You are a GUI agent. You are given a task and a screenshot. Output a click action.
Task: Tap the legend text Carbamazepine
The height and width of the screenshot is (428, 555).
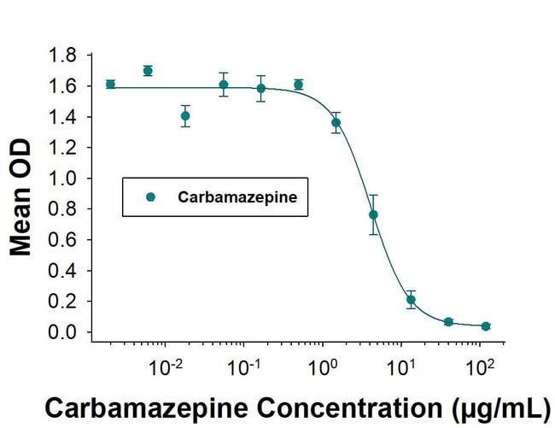pyautogui.click(x=237, y=196)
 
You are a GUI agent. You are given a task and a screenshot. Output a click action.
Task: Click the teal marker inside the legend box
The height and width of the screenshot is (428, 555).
pyautogui.click(x=150, y=196)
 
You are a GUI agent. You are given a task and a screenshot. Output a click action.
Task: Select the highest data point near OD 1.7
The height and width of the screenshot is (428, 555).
pyautogui.click(x=148, y=71)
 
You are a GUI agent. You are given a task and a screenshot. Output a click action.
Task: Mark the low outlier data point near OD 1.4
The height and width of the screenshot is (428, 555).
pyautogui.click(x=185, y=116)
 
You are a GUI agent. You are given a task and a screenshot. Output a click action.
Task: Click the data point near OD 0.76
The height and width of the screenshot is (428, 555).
pyautogui.click(x=373, y=214)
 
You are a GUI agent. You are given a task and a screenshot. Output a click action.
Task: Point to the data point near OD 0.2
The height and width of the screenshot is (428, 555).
pyautogui.click(x=411, y=300)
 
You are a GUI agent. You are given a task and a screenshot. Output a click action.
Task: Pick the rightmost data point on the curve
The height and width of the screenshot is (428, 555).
pyautogui.click(x=486, y=326)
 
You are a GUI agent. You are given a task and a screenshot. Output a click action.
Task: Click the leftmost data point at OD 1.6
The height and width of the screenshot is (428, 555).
pyautogui.click(x=110, y=84)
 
